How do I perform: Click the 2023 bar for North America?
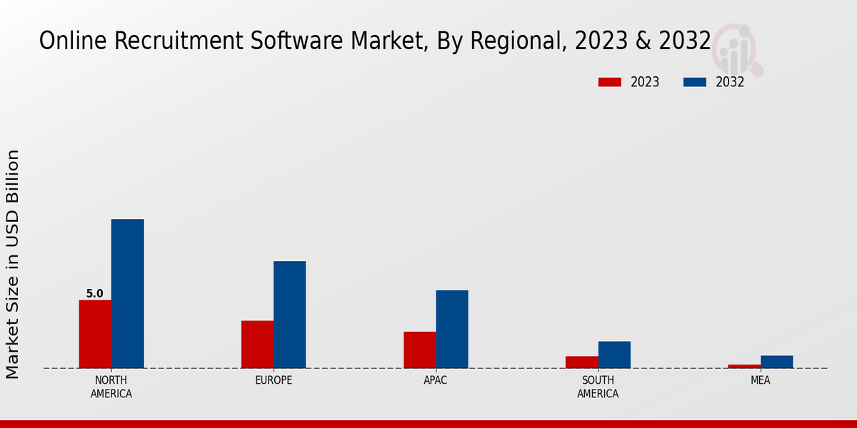[x=95, y=334]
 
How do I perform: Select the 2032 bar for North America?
[x=127, y=293]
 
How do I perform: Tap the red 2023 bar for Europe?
[x=257, y=345]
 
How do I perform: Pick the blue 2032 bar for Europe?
[x=289, y=315]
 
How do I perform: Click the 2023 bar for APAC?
[x=419, y=350]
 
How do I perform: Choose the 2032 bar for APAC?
[x=452, y=329]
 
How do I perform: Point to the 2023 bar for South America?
[x=581, y=362]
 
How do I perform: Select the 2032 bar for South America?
[x=614, y=355]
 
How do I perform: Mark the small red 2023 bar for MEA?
[x=744, y=366]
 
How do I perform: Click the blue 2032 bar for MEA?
[x=776, y=362]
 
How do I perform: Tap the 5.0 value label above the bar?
[x=94, y=293]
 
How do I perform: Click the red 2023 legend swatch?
[x=610, y=82]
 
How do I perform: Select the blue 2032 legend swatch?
[x=695, y=82]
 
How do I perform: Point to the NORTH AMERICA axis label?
[x=111, y=387]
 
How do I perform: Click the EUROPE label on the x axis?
[x=274, y=380]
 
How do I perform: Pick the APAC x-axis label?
[x=436, y=380]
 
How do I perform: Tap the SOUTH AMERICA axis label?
[x=598, y=387]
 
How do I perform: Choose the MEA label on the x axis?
[x=760, y=380]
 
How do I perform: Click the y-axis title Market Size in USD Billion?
[x=13, y=264]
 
